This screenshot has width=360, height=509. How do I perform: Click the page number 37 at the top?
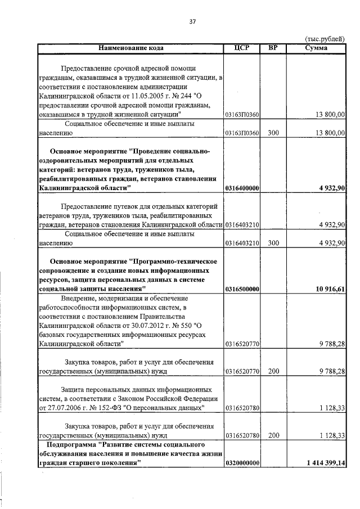(192, 21)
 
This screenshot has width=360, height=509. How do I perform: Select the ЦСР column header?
(241, 48)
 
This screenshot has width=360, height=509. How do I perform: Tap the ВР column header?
(273, 48)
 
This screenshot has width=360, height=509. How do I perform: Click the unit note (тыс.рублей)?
(325, 39)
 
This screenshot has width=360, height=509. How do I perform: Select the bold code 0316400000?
(241, 188)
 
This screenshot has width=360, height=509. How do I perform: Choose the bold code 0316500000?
(241, 289)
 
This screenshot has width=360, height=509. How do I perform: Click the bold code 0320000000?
(241, 462)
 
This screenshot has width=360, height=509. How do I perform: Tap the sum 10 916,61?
(329, 289)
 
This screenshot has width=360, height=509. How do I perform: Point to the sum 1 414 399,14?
(326, 462)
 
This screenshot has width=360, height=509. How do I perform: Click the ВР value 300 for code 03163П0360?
(273, 133)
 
